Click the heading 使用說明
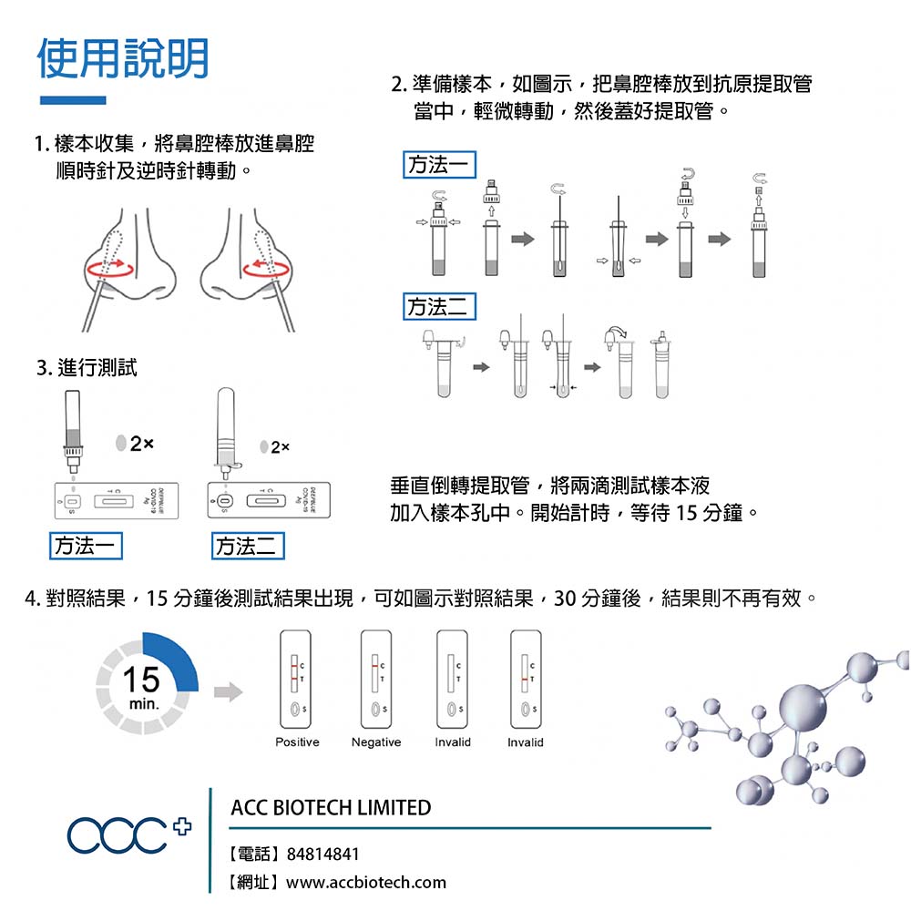[x=123, y=58]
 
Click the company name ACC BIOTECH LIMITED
[x=331, y=807]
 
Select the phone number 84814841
[x=322, y=855]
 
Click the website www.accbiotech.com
[x=366, y=882]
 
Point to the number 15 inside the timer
[x=141, y=679]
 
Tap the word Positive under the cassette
[x=297, y=742]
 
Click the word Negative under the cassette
[x=376, y=742]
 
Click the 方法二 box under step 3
[x=247, y=546]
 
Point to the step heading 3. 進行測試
[x=86, y=368]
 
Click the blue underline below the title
[x=73, y=100]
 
